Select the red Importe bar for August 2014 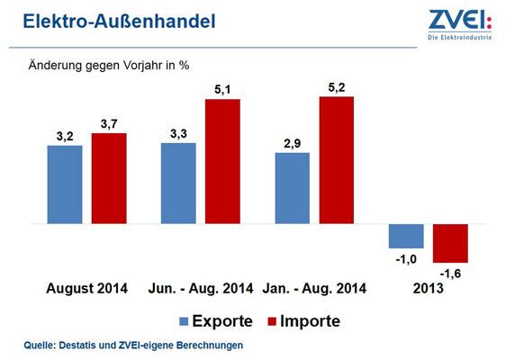point(109,178)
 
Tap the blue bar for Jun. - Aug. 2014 point(178,183)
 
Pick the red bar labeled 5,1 point(222,161)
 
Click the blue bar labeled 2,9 point(292,187)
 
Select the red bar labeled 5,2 point(336,159)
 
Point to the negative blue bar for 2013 point(406,236)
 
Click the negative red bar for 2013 point(450,243)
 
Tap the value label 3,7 point(108,123)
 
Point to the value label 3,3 point(178,133)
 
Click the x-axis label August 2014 point(87,289)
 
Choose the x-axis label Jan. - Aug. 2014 point(314,289)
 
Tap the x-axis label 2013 point(429,289)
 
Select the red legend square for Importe point(272,320)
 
